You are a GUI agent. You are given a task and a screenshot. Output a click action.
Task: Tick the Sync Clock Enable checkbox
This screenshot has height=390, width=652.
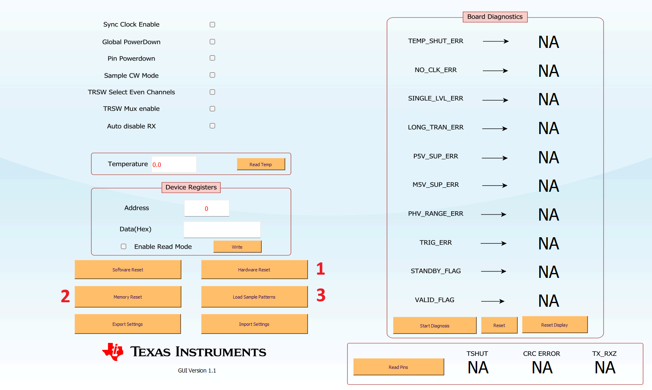(212, 24)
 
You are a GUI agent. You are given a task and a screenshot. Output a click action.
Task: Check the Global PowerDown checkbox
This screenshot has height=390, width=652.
(212, 42)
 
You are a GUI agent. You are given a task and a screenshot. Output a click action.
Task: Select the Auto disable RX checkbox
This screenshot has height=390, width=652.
(212, 126)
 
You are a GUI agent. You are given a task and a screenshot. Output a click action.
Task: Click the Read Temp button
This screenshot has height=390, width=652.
(261, 165)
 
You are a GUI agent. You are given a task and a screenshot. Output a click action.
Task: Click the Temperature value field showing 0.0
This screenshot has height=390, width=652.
(174, 165)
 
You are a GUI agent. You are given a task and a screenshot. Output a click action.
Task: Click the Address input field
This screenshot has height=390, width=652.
(207, 208)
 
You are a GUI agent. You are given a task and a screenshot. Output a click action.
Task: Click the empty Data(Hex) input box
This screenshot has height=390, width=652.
(222, 230)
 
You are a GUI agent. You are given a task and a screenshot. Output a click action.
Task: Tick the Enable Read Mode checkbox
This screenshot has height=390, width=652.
(123, 247)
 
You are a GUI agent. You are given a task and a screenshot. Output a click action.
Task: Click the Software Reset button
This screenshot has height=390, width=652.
(128, 270)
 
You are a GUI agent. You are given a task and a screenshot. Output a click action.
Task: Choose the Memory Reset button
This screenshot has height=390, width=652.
(128, 297)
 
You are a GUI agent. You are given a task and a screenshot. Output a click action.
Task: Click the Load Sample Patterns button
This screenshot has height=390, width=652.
(254, 297)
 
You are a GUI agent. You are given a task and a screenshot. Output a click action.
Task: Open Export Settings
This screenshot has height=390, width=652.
(127, 324)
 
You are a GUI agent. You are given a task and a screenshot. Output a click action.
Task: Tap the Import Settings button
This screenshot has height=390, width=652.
(254, 324)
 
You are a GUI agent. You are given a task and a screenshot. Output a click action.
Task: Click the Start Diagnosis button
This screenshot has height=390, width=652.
(435, 325)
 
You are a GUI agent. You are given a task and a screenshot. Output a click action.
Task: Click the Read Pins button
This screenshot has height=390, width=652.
(398, 367)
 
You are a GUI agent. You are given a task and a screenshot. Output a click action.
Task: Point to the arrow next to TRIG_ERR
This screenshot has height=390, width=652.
(493, 243)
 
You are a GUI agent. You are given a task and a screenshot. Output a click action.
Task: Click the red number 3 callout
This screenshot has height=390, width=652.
(321, 295)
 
